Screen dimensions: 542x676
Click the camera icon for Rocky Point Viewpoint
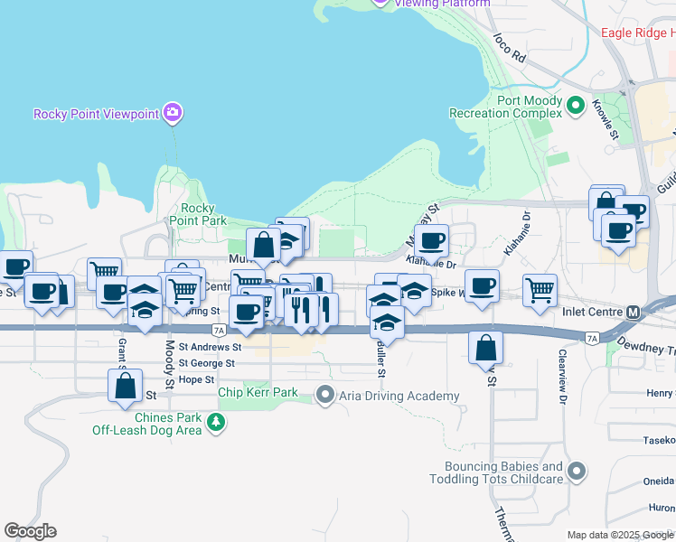click(x=172, y=113)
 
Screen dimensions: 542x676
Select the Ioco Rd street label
click(x=510, y=48)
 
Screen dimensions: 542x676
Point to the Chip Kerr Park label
click(x=258, y=394)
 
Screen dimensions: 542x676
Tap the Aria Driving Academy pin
click(x=325, y=394)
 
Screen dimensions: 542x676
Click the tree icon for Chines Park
click(x=215, y=422)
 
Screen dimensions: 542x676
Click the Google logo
click(x=30, y=530)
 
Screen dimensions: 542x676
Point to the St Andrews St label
click(x=210, y=346)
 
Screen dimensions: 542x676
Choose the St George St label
click(x=206, y=363)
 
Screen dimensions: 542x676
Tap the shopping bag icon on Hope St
click(x=125, y=386)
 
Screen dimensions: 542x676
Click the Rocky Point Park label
click(x=198, y=214)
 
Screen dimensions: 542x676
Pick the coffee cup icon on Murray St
click(x=431, y=240)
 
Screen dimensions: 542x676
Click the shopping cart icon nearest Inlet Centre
click(x=540, y=290)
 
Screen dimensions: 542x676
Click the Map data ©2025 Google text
click(x=618, y=535)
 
